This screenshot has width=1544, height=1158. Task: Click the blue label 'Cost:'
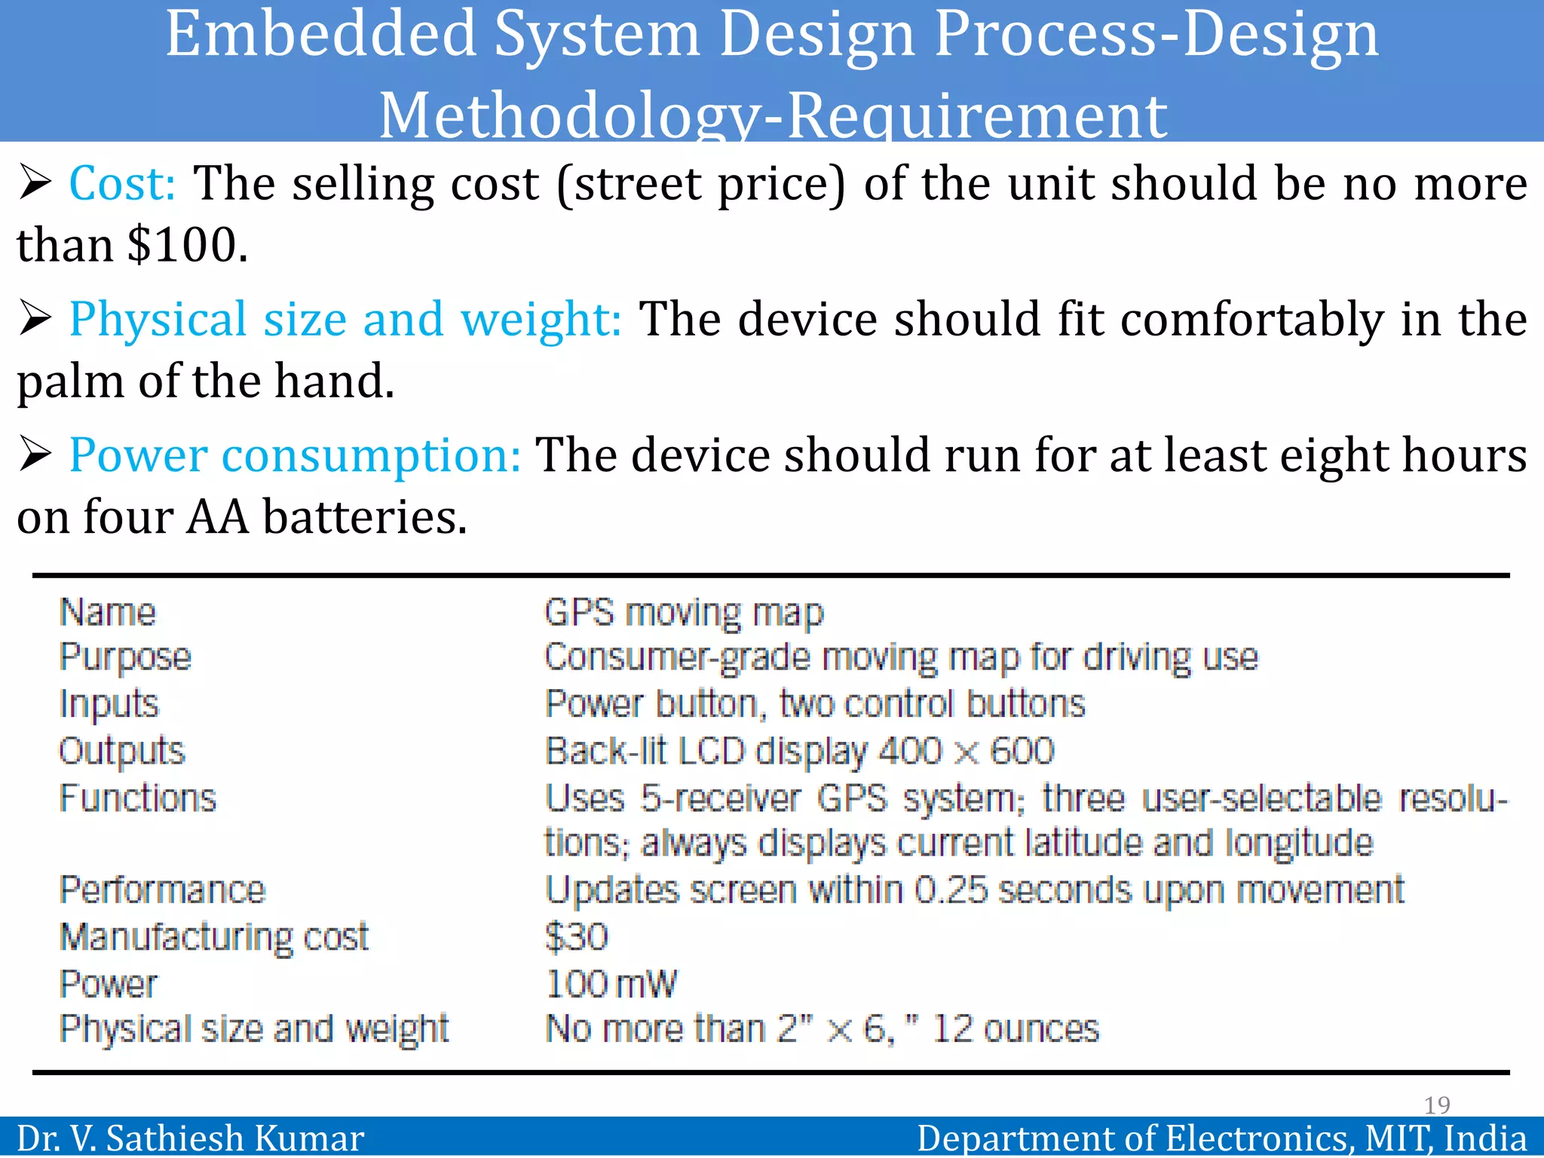click(x=122, y=184)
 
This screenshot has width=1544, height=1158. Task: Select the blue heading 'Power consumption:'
click(x=295, y=455)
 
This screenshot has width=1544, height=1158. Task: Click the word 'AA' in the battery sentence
click(x=217, y=518)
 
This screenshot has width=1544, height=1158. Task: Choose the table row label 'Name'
click(x=108, y=612)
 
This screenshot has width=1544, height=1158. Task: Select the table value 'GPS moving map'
click(x=684, y=612)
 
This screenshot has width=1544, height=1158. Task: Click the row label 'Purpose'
click(x=125, y=657)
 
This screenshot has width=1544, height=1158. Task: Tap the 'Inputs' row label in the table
click(x=109, y=704)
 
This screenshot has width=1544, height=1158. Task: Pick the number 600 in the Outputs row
click(x=1022, y=752)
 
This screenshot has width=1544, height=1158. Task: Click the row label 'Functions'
click(x=138, y=798)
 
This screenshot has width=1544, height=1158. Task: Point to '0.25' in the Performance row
click(x=950, y=890)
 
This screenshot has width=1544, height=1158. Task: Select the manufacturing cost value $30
click(x=577, y=937)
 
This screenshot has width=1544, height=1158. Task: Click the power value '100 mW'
click(x=611, y=984)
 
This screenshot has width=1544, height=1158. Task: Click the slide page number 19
click(x=1437, y=1105)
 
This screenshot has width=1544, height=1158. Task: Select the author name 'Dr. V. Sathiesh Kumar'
click(x=190, y=1138)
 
